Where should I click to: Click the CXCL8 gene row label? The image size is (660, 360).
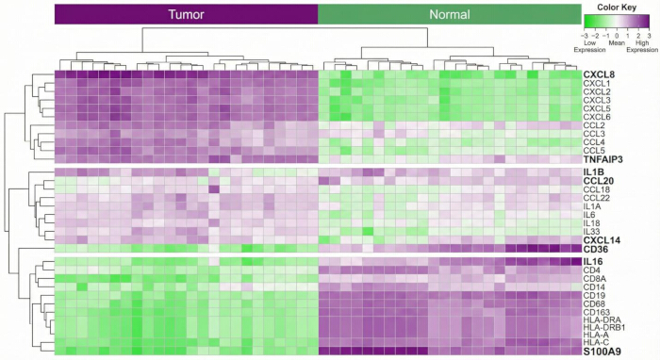(599, 74)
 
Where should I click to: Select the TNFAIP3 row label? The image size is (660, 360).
(603, 159)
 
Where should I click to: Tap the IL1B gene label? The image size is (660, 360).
(593, 172)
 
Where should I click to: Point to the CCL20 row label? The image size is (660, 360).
(599, 181)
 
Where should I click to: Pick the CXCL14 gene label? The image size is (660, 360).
(602, 240)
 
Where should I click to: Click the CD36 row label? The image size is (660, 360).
(596, 250)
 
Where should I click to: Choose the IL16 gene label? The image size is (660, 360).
(593, 262)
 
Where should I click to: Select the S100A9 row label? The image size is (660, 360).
(602, 352)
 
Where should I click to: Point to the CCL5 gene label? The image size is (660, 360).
(594, 151)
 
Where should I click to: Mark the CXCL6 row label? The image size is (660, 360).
(597, 117)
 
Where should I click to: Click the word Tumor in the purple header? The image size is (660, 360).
(186, 15)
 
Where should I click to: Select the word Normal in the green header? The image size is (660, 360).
(450, 15)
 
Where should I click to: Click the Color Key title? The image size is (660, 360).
(617, 8)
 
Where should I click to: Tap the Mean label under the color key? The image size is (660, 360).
(617, 43)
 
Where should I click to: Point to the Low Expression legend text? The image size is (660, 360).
(589, 46)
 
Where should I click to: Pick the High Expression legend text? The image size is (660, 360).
(642, 46)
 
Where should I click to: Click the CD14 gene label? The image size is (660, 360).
(594, 287)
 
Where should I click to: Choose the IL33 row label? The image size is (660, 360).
(592, 232)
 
